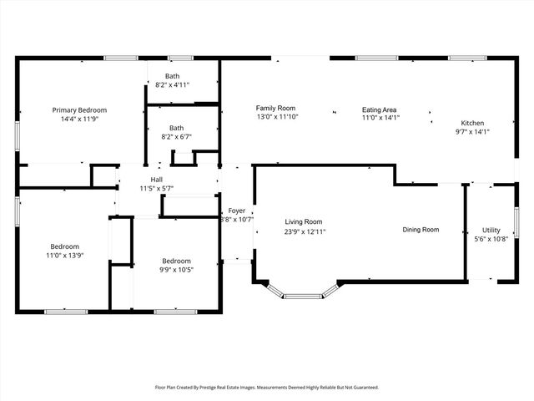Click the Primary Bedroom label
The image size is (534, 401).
tap(79, 110)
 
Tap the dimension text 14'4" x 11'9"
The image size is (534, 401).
tap(80, 119)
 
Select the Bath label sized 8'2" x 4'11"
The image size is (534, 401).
tap(173, 76)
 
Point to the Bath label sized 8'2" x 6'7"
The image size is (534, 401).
tap(176, 128)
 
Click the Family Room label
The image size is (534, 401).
tap(275, 108)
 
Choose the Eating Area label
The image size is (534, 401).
tap(379, 109)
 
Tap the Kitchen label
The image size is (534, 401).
tap(472, 123)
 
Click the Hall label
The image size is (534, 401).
tap(157, 180)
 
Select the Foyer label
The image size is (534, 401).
tap(237, 211)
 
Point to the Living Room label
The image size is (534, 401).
tap(304, 222)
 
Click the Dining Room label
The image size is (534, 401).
tap(421, 230)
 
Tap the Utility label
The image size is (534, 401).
tap(491, 231)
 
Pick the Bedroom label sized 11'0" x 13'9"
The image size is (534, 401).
tap(65, 246)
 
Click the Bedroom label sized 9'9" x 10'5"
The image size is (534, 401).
tap(176, 261)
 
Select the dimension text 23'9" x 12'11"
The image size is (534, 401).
tap(305, 232)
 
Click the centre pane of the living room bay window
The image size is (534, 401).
tap(303, 297)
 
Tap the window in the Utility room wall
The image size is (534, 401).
tap(516, 223)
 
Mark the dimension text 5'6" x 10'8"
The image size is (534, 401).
tap(491, 239)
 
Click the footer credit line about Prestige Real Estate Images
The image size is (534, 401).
tap(267, 388)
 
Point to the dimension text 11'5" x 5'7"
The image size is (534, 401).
tap(157, 188)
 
